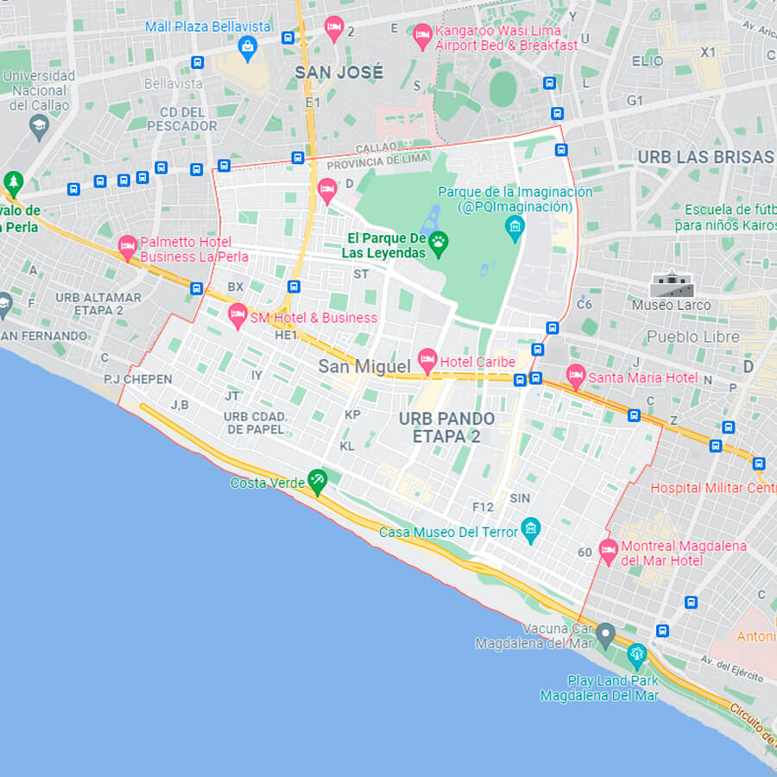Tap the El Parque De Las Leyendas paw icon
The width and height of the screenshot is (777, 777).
(439, 243)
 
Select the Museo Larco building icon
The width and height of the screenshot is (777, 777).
(671, 283)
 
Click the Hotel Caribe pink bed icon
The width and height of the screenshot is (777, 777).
(426, 360)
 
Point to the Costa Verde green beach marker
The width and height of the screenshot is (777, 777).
(318, 481)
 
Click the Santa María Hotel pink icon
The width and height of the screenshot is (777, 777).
(576, 376)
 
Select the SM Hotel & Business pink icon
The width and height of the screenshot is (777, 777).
(237, 315)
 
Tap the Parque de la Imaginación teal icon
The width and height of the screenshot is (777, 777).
(515, 227)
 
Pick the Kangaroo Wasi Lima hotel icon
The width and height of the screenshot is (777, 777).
(422, 35)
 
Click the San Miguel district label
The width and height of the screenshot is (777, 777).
(364, 366)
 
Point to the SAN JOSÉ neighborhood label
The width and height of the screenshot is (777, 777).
(338, 73)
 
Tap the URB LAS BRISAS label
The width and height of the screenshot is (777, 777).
(705, 157)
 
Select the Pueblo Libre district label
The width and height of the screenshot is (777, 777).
(692, 337)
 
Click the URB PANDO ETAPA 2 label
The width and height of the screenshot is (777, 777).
(446, 427)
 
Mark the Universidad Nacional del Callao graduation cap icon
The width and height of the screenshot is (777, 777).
(39, 129)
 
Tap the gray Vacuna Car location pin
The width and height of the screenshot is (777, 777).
(605, 635)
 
